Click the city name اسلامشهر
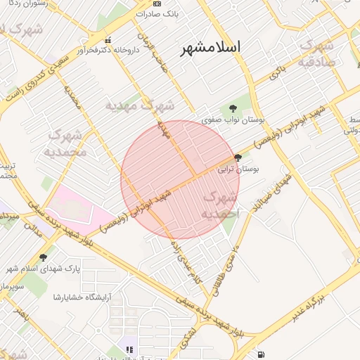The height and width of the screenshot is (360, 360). (210, 47)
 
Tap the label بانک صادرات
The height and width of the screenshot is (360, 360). (175, 13)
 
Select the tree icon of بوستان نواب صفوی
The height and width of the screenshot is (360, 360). (233, 108)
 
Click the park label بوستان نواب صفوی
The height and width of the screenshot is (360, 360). (233, 121)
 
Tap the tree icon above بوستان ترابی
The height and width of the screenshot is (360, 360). (238, 158)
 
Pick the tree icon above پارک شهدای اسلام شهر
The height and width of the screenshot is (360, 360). (44, 257)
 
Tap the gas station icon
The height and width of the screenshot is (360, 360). (262, 354)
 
